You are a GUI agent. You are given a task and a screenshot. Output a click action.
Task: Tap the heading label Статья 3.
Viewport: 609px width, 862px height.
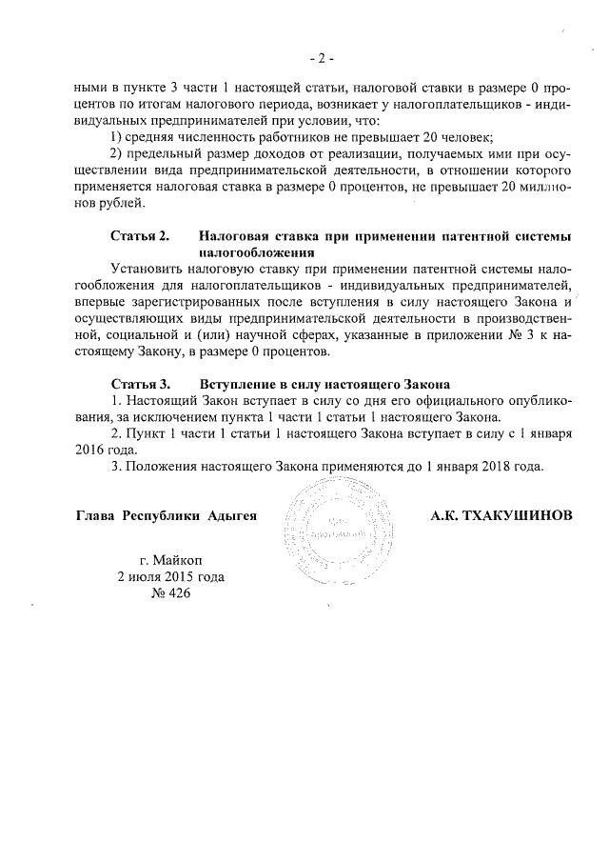(x=139, y=383)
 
